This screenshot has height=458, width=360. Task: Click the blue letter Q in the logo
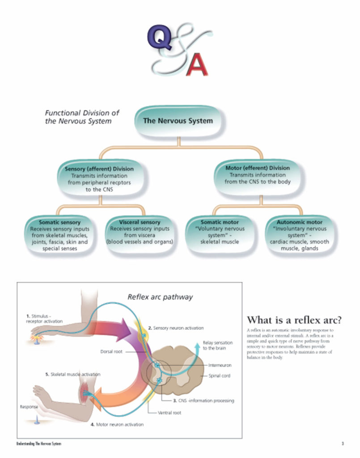(158, 39)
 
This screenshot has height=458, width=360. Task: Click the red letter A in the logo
(197, 64)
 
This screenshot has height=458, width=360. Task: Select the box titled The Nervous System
(178, 121)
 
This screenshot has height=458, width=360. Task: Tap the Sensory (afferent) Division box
(99, 178)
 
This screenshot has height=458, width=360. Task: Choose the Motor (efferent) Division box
(258, 175)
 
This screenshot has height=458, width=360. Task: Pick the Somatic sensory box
(59, 235)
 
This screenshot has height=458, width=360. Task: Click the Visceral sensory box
(139, 232)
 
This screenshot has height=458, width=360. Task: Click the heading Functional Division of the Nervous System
(82, 117)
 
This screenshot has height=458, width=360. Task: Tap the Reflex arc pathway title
(160, 297)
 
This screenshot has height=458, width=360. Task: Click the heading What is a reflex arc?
(294, 320)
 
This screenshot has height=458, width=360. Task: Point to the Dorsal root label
(111, 352)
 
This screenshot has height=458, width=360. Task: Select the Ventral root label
(169, 412)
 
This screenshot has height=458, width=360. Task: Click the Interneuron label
(220, 365)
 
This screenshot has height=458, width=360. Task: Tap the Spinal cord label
(220, 376)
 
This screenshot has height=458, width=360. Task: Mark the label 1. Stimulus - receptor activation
(44, 318)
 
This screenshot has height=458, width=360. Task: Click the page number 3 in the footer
(342, 443)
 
